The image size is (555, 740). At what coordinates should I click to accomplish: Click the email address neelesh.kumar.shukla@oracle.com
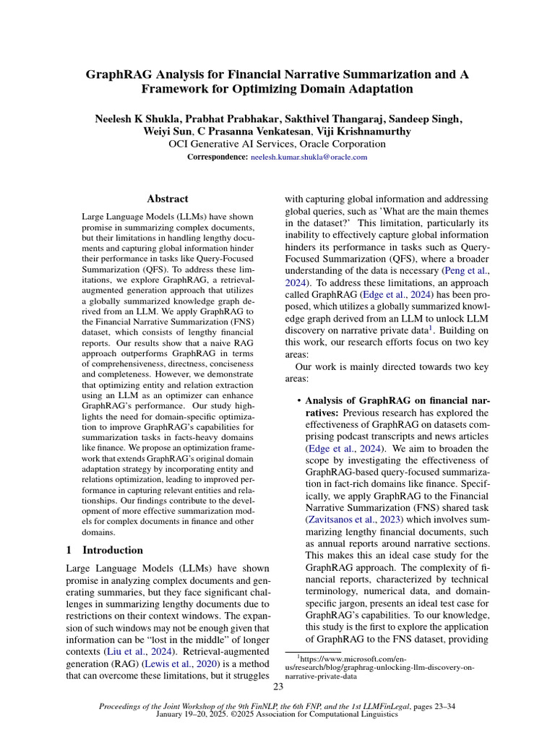pyautogui.click(x=309, y=157)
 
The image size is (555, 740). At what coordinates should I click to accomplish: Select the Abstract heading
pyautogui.click(x=168, y=199)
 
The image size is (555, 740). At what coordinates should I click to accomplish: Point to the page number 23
pyautogui.click(x=278, y=687)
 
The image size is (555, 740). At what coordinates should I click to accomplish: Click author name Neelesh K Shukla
pyautogui.click(x=144, y=119)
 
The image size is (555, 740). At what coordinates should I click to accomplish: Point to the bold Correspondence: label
pyautogui.click(x=218, y=157)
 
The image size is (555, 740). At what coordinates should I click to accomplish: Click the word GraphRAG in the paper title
pyautogui.click(x=120, y=74)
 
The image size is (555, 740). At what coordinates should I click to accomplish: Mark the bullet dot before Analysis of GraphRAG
pyautogui.click(x=298, y=400)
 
